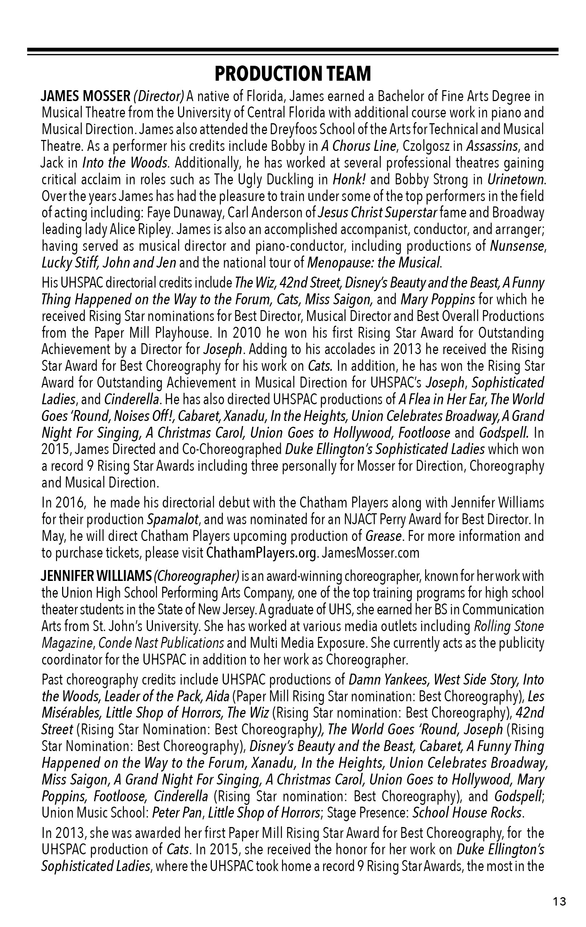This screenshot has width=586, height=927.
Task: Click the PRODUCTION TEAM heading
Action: tap(292, 73)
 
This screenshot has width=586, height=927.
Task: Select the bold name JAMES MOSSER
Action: tap(86, 96)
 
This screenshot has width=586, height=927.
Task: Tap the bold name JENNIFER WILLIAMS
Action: tap(96, 576)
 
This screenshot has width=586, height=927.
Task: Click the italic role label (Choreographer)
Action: tap(197, 576)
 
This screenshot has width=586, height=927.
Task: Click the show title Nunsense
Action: tap(517, 246)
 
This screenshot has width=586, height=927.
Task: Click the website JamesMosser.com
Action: tap(371, 553)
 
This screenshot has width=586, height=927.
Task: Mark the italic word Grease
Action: tap(383, 536)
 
